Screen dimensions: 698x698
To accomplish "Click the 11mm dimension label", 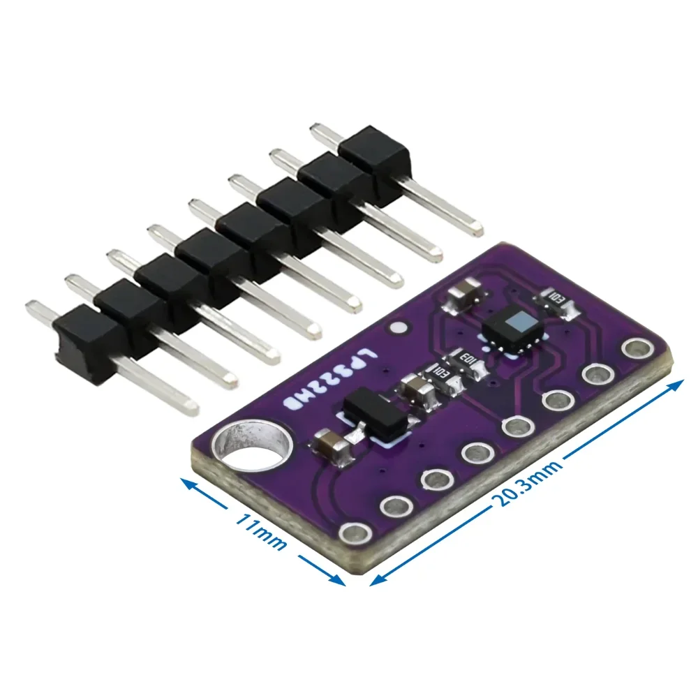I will tap(260, 532).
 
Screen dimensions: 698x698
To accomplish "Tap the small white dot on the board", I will tap(398, 327).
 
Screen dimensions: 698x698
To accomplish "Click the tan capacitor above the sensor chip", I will tap(461, 297).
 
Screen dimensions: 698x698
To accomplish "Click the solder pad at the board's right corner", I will tap(635, 347).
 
